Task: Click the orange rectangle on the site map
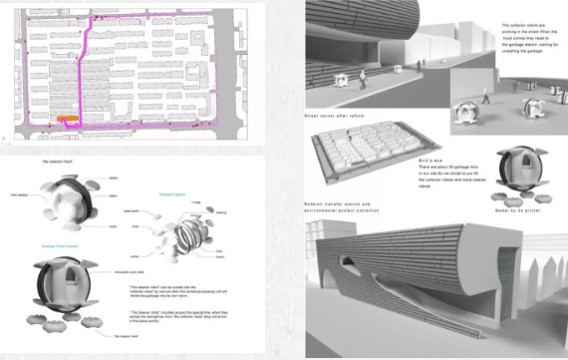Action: coord(67,119)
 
